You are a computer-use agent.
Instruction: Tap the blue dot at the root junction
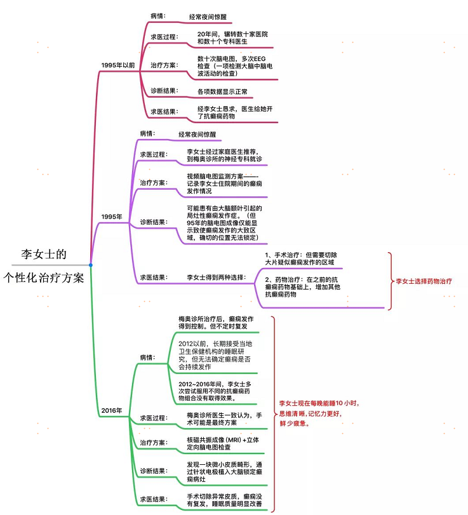click(91, 265)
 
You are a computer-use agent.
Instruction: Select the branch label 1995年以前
click(119, 65)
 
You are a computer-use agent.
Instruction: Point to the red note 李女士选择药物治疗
click(424, 281)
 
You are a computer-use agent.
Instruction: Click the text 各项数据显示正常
click(222, 91)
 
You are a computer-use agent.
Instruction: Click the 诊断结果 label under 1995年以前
click(164, 91)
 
